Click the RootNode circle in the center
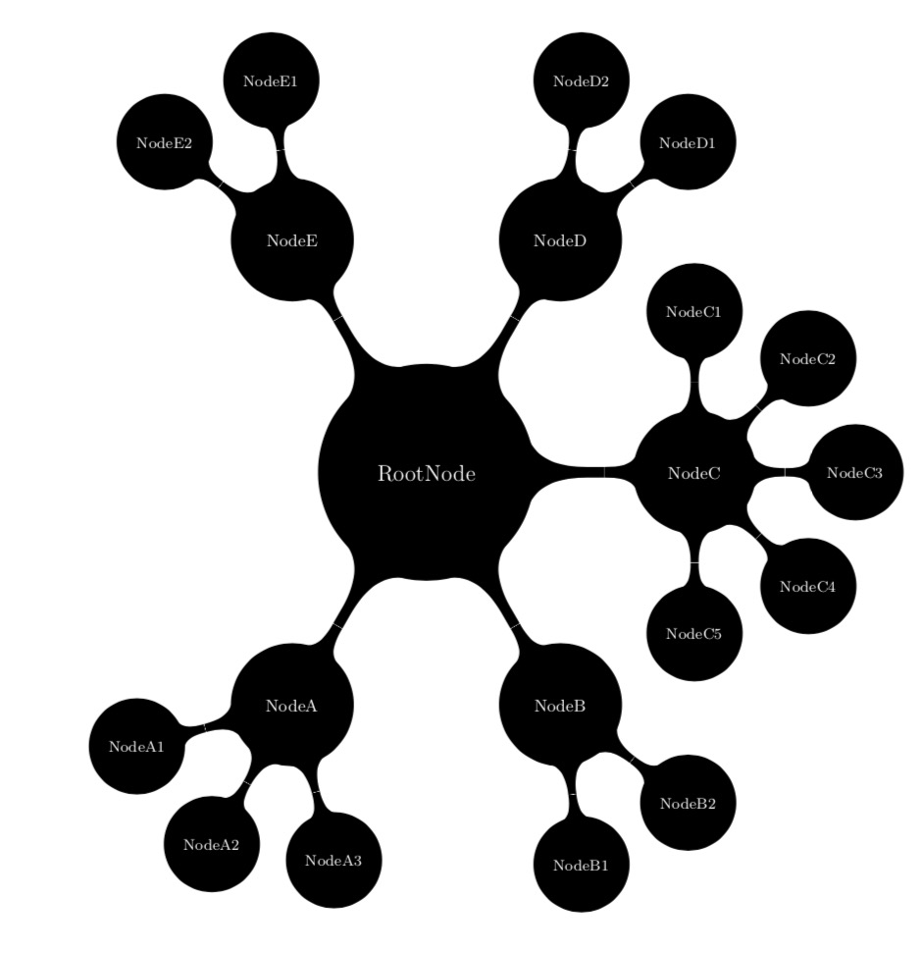tap(426, 473)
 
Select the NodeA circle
tap(291, 705)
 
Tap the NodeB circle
tap(560, 705)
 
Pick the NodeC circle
tap(694, 473)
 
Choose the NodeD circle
tap(560, 240)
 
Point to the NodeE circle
tap(291, 240)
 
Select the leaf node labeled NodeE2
tap(164, 142)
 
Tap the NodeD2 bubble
tap(582, 81)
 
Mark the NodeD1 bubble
tap(688, 142)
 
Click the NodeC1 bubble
tap(694, 312)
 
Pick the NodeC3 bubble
tap(854, 473)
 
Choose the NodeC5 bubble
tap(694, 633)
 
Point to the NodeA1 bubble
tap(136, 746)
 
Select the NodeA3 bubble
tap(333, 860)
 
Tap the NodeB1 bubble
tap(582, 864)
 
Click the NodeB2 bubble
tap(688, 803)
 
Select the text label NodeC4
tap(807, 587)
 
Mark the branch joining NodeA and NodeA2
tap(246, 782)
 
